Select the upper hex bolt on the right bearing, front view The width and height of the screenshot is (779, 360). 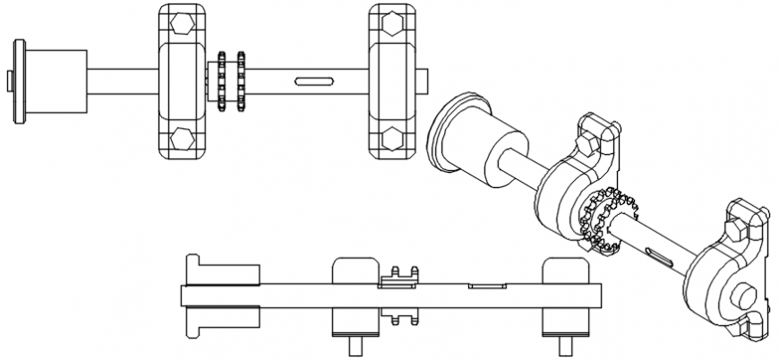[x=391, y=22]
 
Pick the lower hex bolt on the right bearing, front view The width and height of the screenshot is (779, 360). [x=391, y=138]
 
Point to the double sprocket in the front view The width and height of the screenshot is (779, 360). [x=228, y=80]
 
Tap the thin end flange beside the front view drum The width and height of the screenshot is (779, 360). [x=17, y=81]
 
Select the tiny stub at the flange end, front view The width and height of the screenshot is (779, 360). [x=8, y=81]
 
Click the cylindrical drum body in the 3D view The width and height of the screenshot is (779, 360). [x=497, y=150]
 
